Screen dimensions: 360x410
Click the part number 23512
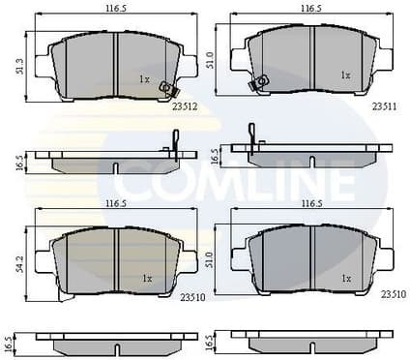pos(185,108)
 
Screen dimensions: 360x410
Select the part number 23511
pos(383,108)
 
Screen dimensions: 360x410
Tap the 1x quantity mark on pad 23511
pos(344,74)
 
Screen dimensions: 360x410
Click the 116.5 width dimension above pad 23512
pos(117,7)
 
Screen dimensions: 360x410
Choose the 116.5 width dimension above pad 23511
pos(310,7)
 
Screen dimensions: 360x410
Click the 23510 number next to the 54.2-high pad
pos(184,299)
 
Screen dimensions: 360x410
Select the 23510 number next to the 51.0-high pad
pos(392,294)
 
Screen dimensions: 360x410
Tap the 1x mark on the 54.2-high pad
pos(146,279)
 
